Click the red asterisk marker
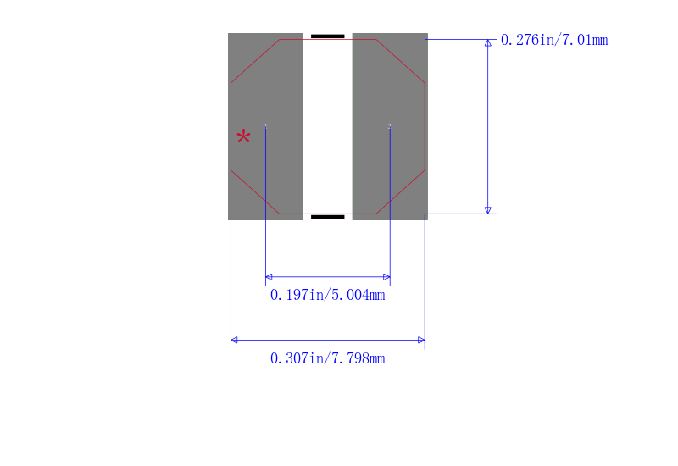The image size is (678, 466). point(243,136)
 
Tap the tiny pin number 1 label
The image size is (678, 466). point(266,125)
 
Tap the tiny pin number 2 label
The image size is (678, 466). point(390,125)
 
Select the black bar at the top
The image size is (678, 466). point(328,36)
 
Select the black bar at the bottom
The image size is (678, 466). point(328,217)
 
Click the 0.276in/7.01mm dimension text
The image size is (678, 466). point(554,40)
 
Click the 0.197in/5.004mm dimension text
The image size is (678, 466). point(327,295)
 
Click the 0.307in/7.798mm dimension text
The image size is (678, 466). point(327,358)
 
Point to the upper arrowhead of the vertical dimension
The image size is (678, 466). point(488,43)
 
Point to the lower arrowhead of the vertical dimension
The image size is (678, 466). point(488,210)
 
